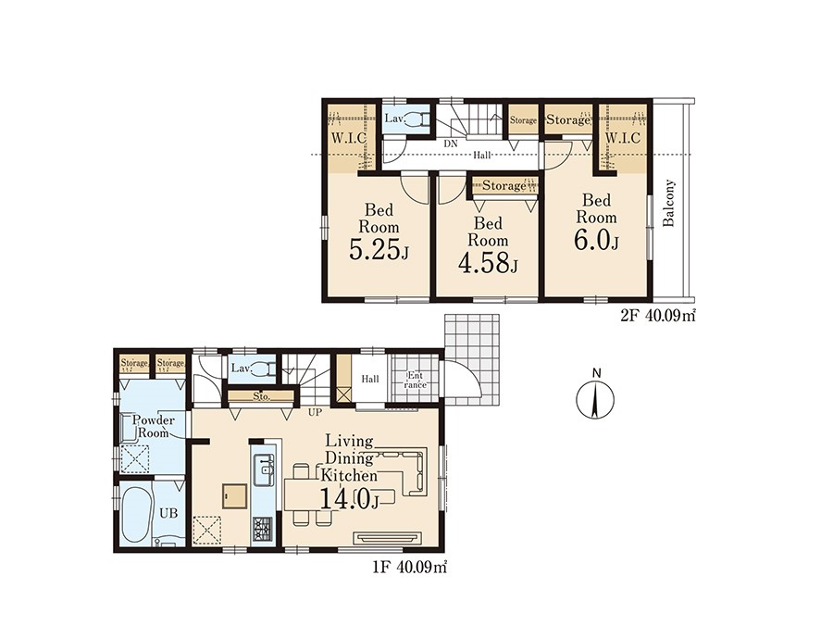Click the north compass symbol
(x=595, y=398)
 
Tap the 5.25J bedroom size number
(x=379, y=249)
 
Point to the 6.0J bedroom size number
(x=595, y=241)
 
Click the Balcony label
(x=669, y=203)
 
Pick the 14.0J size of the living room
(x=349, y=499)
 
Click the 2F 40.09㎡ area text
(x=658, y=317)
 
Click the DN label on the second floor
(x=450, y=144)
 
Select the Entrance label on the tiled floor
(x=416, y=381)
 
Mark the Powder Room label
(x=154, y=426)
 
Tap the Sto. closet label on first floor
(x=261, y=396)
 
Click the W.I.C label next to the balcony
(x=623, y=138)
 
